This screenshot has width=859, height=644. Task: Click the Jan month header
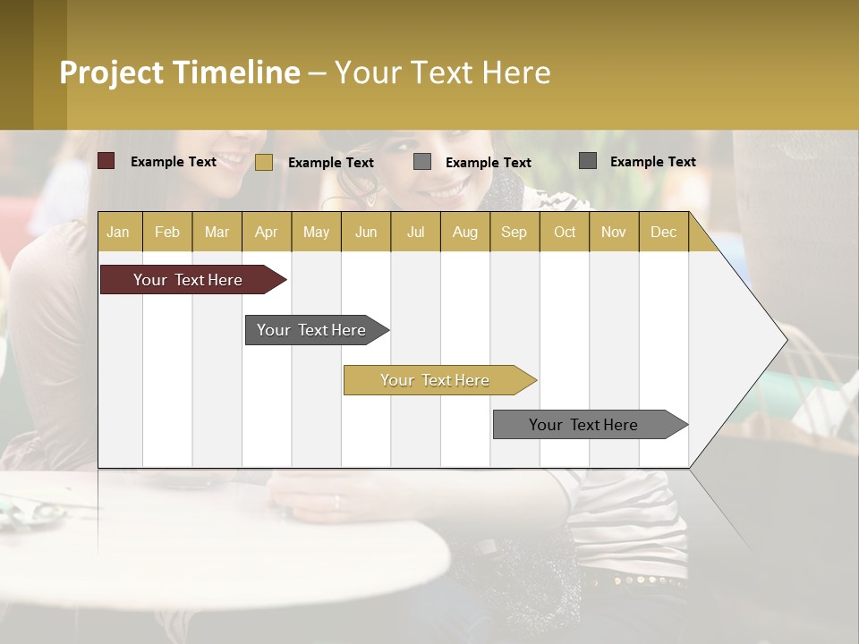[x=118, y=232]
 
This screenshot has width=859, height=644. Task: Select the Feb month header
[x=167, y=232]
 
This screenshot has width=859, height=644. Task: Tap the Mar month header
[x=217, y=232]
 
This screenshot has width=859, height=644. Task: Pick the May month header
[x=316, y=232]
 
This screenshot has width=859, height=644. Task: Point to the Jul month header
[x=415, y=232]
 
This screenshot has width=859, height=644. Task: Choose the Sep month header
[x=514, y=232]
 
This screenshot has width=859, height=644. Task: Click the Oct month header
[x=565, y=232]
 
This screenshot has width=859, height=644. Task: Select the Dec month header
[x=663, y=232]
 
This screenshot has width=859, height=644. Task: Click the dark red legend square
[x=106, y=161]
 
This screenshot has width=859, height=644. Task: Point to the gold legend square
[x=264, y=162]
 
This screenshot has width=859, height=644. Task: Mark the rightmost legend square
[x=588, y=161]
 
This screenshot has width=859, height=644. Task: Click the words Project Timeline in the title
[x=180, y=72]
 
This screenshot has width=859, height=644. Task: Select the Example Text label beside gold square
[x=331, y=163]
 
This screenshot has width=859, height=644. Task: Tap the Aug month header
[x=464, y=232]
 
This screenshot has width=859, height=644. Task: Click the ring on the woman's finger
[x=336, y=502]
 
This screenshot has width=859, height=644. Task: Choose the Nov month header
[x=614, y=232]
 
